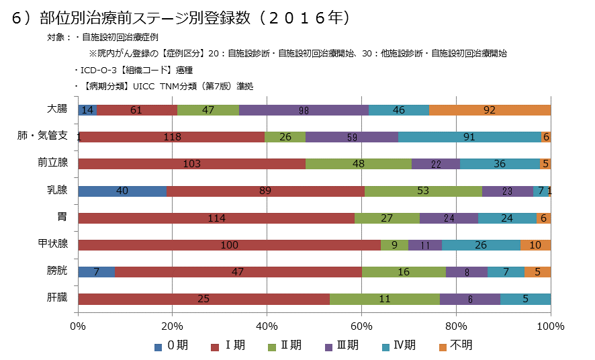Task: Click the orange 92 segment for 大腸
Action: coord(490,110)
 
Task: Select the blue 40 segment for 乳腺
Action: coord(122,191)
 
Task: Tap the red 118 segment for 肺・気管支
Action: coord(171,137)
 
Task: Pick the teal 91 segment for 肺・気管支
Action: coord(469,137)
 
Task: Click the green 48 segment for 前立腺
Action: coord(358,164)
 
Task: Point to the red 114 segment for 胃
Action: coord(216,218)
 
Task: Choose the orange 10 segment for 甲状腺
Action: coord(535,245)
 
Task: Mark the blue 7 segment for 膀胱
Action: coord(97,272)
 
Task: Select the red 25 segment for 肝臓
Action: coord(204,299)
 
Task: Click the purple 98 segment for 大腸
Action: coord(304,110)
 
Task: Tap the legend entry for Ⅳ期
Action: coord(398,346)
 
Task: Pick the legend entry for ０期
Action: coord(172,346)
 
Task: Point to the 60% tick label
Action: coord(361,326)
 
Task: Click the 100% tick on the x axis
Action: coord(551,326)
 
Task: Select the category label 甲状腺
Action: coord(52,243)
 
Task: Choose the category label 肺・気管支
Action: coord(42,136)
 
